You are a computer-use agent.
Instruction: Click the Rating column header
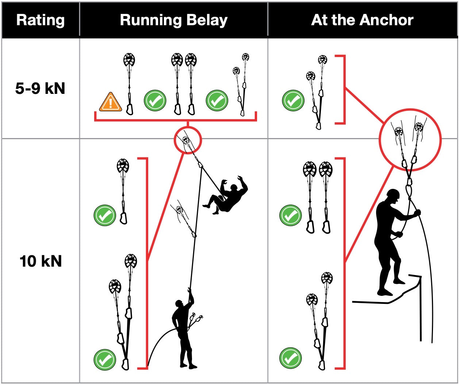click(41, 20)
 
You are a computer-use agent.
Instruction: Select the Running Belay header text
click(174, 20)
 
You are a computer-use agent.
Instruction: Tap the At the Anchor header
click(362, 20)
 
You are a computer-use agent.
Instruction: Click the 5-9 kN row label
click(40, 88)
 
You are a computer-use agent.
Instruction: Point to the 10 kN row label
click(41, 261)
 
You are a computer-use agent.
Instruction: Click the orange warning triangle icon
click(110, 102)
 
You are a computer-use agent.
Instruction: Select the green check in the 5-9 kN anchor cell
click(293, 100)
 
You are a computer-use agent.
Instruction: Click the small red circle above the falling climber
click(188, 140)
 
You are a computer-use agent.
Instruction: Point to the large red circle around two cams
click(410, 140)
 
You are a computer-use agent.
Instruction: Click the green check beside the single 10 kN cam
click(105, 216)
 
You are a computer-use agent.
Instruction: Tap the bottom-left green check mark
click(105, 359)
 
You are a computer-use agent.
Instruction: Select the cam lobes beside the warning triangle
click(129, 60)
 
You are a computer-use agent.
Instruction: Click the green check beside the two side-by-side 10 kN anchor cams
click(290, 216)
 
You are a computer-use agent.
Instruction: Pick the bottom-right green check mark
click(290, 358)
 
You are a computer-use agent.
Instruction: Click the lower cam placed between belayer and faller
click(179, 210)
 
